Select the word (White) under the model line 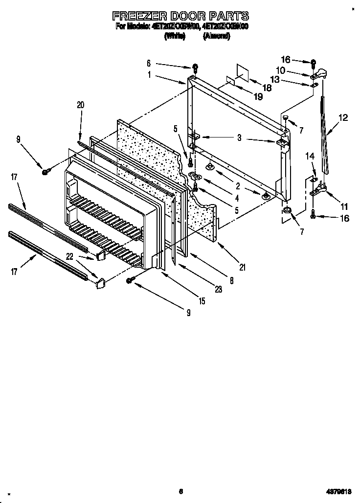(x=174, y=36)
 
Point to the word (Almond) (x=216, y=36)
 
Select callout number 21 (x=242, y=267)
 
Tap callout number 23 (x=218, y=289)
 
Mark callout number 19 (x=258, y=96)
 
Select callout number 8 (x=231, y=281)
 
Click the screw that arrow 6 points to (x=195, y=66)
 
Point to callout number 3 (x=239, y=138)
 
